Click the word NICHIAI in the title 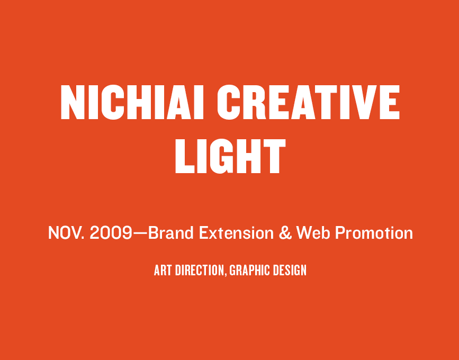tap(132, 102)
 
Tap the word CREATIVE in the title tap(308, 102)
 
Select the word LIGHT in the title tap(230, 156)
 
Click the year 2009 tap(111, 233)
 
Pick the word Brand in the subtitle tap(171, 233)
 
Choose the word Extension tap(236, 233)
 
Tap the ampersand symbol tap(285, 233)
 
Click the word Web tap(313, 233)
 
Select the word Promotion tap(374, 233)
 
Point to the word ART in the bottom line tap(163, 270)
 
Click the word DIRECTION tap(200, 270)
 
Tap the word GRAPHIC tap(250, 270)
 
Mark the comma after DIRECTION tap(226, 275)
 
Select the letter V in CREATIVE tap(365, 102)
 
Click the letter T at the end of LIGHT tap(274, 156)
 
